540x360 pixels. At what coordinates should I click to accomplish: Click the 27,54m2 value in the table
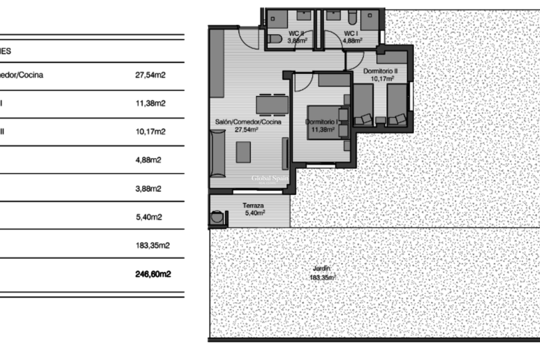click(150, 75)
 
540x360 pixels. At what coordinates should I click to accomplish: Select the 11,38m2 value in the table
click(150, 103)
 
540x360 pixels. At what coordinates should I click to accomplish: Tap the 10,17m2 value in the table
click(150, 132)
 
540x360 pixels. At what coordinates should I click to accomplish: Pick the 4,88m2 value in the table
click(148, 160)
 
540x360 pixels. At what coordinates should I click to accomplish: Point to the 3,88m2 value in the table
click(148, 188)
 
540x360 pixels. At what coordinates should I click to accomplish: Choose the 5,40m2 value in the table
click(149, 217)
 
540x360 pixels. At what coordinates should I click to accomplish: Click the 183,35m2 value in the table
click(153, 246)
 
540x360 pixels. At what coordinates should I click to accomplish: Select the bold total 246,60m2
click(153, 274)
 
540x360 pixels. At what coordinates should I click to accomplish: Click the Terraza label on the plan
click(253, 206)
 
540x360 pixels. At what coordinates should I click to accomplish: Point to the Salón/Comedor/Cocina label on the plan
click(248, 122)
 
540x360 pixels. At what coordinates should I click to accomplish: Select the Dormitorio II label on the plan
click(380, 71)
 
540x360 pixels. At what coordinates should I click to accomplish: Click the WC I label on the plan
click(351, 34)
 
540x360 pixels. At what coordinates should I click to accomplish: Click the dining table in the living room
click(272, 105)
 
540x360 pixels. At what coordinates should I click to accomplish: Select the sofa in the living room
click(218, 153)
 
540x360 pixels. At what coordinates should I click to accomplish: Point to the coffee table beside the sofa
click(243, 152)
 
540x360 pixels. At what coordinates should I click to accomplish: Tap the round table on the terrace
click(217, 217)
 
